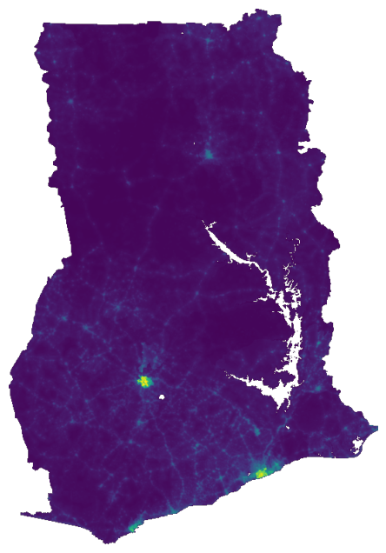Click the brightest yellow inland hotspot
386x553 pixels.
click(144, 381)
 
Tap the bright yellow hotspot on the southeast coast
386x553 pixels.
click(261, 473)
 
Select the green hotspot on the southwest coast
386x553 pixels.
click(132, 527)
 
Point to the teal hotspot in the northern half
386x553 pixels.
click(209, 156)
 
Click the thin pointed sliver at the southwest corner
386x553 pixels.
click(26, 514)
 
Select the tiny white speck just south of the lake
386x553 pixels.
click(286, 428)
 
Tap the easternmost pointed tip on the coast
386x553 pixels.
click(376, 427)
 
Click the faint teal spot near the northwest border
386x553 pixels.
click(66, 104)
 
